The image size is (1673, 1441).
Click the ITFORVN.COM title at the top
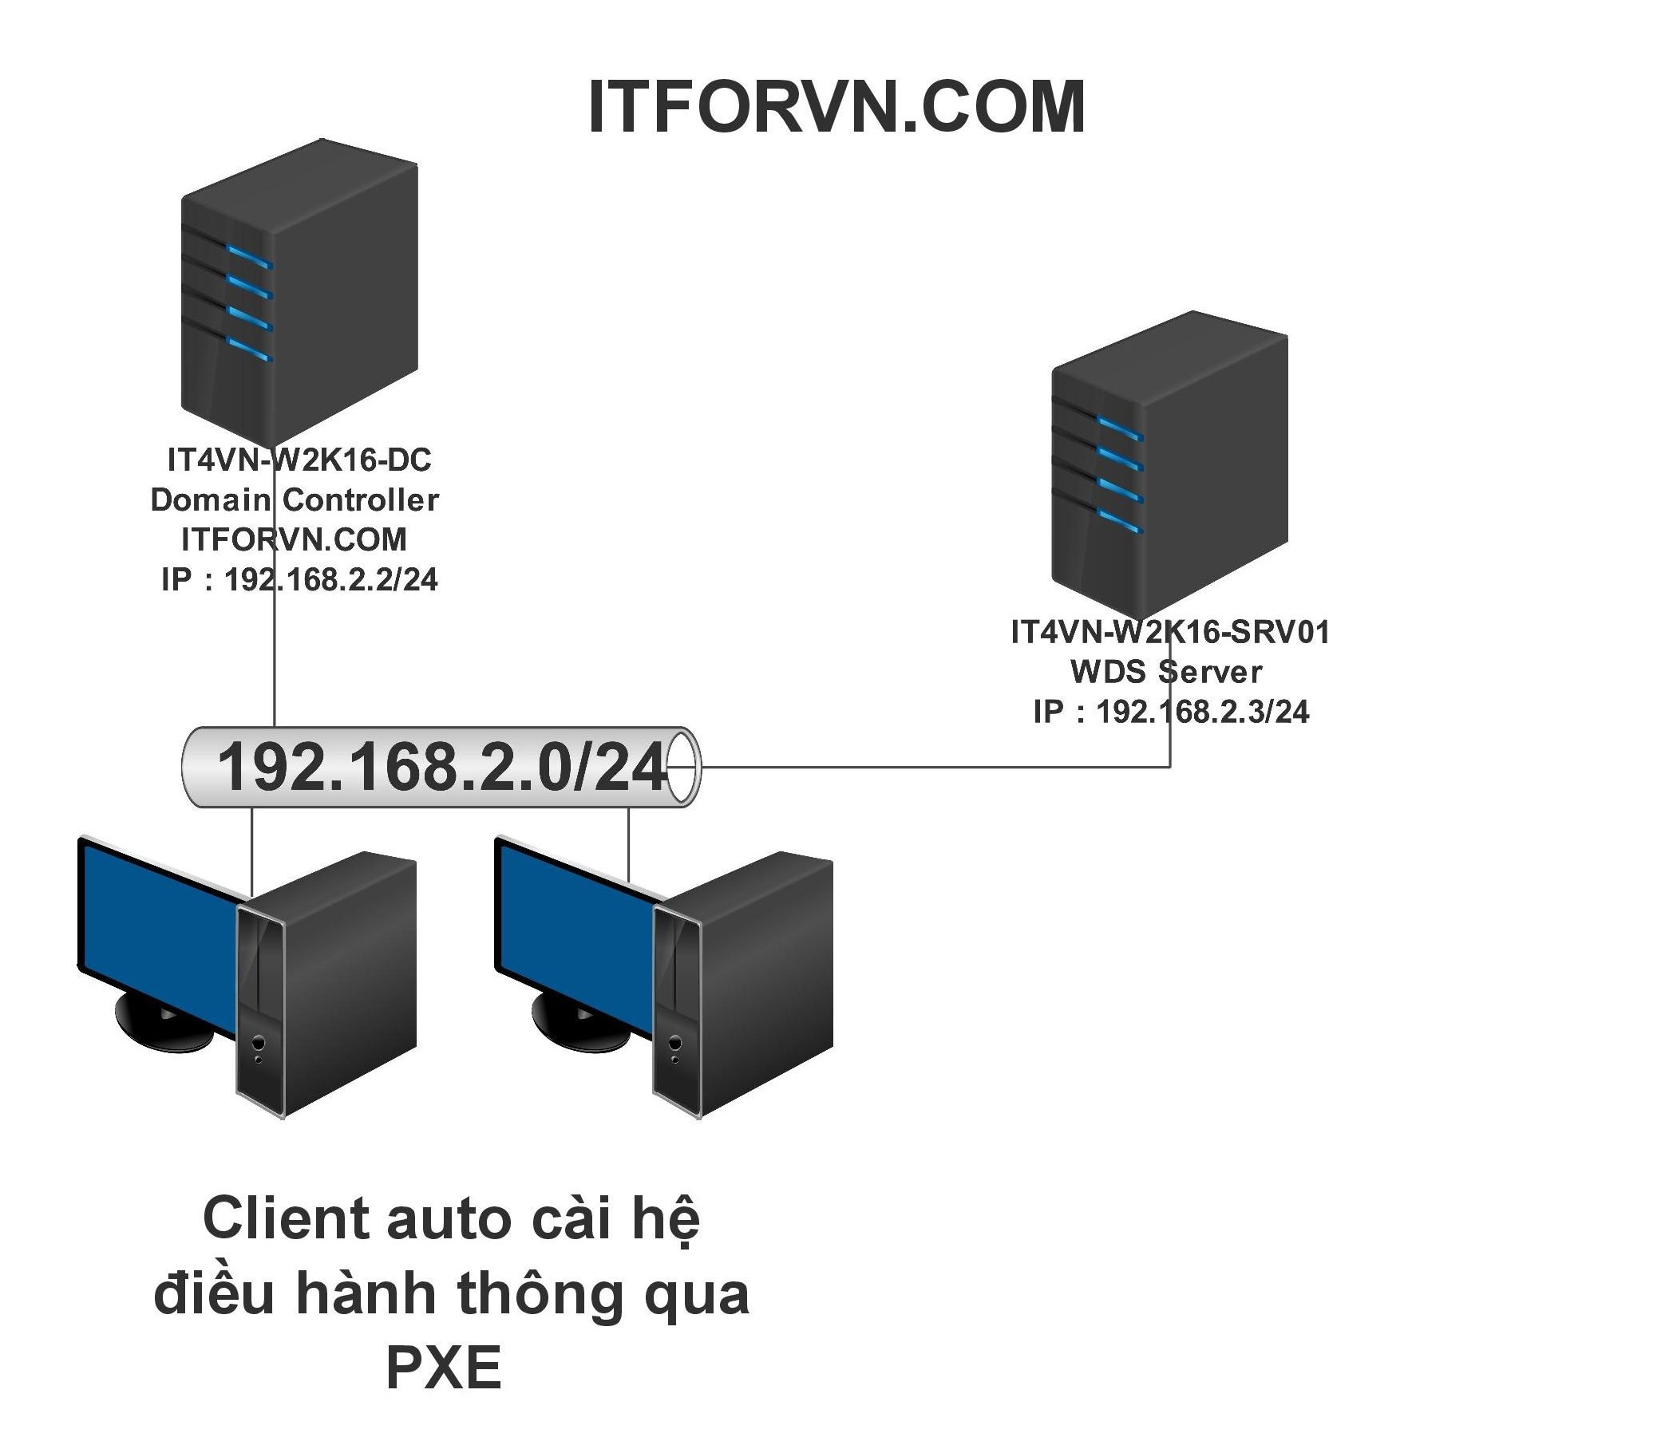tap(836, 109)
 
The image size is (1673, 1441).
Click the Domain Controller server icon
tap(299, 290)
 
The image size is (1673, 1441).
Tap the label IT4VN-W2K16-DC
tap(299, 460)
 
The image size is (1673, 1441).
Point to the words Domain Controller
tap(295, 499)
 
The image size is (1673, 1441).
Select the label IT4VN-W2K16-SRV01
tap(1170, 632)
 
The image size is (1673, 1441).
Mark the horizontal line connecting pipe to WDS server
tap(928, 767)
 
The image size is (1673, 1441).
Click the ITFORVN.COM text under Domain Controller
tap(295, 539)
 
